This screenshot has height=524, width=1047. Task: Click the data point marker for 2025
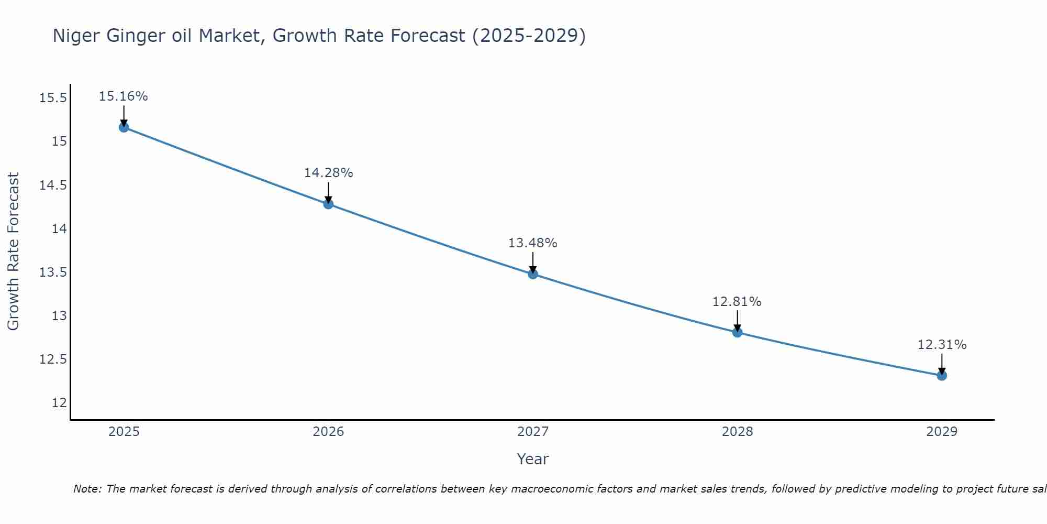[x=124, y=127]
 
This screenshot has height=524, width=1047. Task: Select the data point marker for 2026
[x=328, y=204]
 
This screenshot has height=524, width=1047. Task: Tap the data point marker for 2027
[x=533, y=274]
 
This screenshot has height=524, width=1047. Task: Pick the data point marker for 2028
[x=737, y=332]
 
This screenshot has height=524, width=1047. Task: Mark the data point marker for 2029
[x=942, y=376]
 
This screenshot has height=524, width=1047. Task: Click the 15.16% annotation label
[x=124, y=96]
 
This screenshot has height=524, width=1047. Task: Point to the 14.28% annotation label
[x=328, y=173]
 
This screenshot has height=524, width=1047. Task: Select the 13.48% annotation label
[x=533, y=243]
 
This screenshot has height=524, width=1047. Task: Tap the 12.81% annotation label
[x=737, y=302]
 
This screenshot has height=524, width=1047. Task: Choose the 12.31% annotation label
[x=942, y=345]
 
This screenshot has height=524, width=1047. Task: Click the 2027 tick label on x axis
[x=533, y=432]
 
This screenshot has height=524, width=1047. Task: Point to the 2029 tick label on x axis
[x=942, y=432]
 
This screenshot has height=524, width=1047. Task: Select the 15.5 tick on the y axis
[x=53, y=99]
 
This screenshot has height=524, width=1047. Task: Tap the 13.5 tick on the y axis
[x=53, y=272]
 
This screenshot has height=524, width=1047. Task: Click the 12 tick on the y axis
[x=59, y=403]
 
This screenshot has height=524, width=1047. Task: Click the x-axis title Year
[x=533, y=459]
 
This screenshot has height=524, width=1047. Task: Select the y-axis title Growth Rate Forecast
[x=14, y=252]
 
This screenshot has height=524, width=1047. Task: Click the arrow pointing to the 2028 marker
[x=737, y=321]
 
